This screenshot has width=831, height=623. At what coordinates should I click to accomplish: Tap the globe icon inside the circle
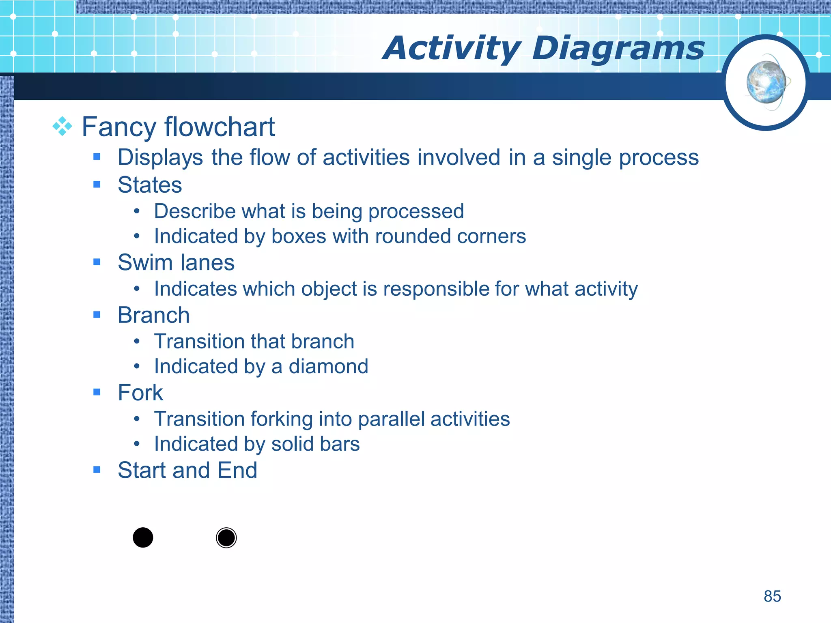click(766, 82)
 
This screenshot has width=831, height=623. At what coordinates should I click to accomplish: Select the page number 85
click(772, 596)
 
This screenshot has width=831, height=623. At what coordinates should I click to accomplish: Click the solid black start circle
click(143, 538)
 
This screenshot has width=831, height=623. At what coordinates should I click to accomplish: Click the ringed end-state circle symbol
click(226, 538)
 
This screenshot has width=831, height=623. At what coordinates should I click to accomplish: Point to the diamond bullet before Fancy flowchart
click(62, 127)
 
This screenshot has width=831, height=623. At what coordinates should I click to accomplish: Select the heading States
click(150, 185)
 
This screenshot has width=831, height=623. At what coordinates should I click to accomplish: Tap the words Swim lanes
click(176, 262)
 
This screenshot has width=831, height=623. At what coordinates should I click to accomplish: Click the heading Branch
click(153, 315)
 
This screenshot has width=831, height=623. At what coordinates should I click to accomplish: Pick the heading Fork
click(140, 393)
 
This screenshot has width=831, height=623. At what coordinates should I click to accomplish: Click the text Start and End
click(187, 470)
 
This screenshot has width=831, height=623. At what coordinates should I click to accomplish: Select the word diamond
click(328, 366)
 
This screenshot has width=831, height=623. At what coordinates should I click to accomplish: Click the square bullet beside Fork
click(97, 392)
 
